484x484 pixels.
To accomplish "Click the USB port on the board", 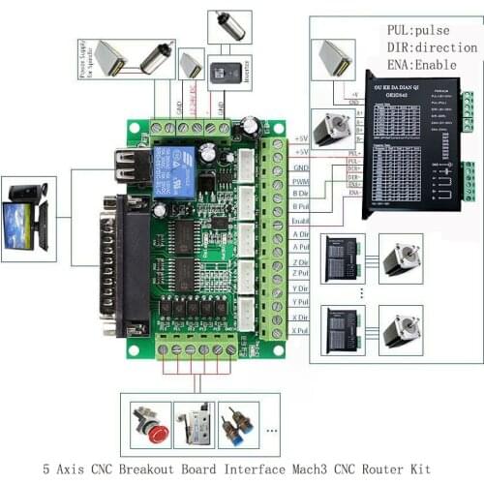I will (x=126, y=166).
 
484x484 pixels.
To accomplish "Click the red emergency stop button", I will (x=152, y=423).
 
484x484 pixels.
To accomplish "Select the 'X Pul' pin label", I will (x=299, y=331).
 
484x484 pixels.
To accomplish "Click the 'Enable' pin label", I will (x=300, y=222).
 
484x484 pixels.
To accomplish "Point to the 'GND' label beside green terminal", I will (x=300, y=166).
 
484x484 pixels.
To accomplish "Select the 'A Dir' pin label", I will (x=299, y=235).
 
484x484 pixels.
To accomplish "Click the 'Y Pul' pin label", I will (x=299, y=303).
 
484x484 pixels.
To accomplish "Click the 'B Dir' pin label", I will (x=299, y=194).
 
